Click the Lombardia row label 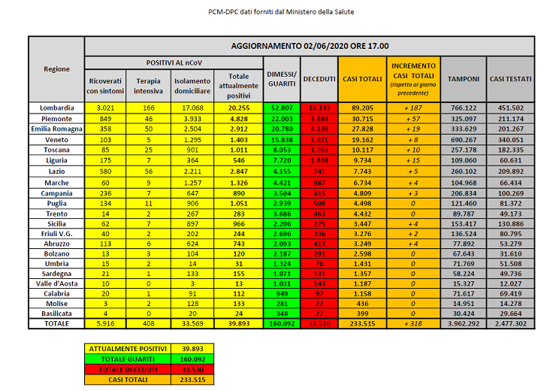click(x=57, y=108)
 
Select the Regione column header click(x=57, y=68)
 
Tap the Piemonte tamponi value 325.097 click(x=464, y=118)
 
